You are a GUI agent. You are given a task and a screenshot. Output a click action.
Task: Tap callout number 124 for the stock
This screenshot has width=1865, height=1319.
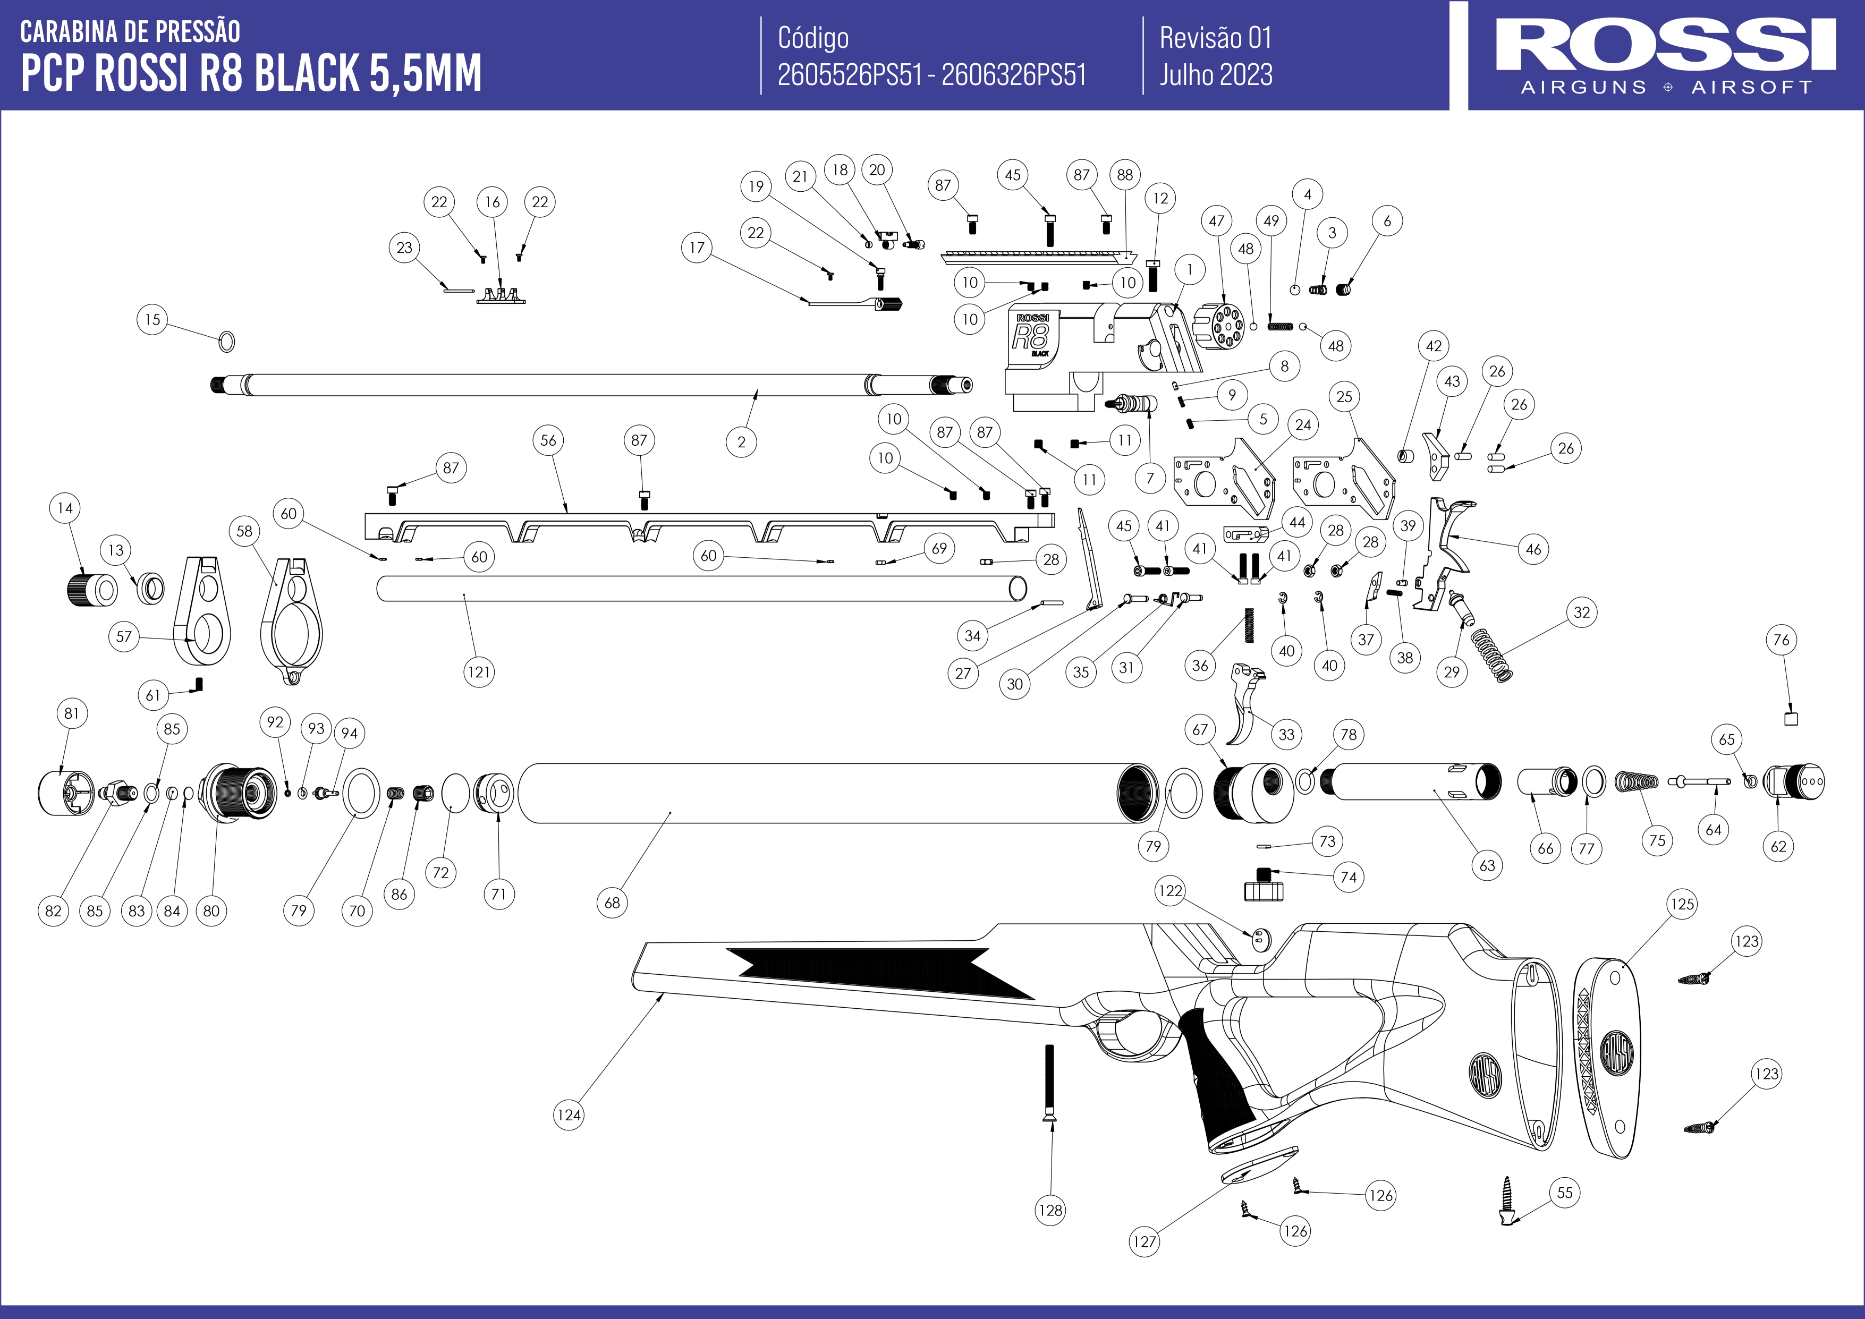click(569, 1114)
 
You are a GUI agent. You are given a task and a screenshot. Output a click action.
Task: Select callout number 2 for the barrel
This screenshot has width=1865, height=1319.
click(741, 442)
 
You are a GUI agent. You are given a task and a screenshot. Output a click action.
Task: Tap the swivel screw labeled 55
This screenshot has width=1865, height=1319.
click(1507, 1202)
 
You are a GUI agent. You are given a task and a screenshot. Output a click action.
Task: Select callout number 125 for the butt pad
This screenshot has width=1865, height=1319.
click(1682, 904)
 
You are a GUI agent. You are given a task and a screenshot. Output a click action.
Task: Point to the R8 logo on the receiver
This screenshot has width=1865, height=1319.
click(1030, 335)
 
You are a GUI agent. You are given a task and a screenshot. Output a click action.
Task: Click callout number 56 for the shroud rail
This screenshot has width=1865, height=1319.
click(548, 440)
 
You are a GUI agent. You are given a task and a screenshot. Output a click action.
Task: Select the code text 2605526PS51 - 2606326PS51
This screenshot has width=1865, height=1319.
click(931, 75)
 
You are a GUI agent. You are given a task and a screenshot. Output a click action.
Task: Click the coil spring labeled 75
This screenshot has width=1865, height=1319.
click(1636, 781)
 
